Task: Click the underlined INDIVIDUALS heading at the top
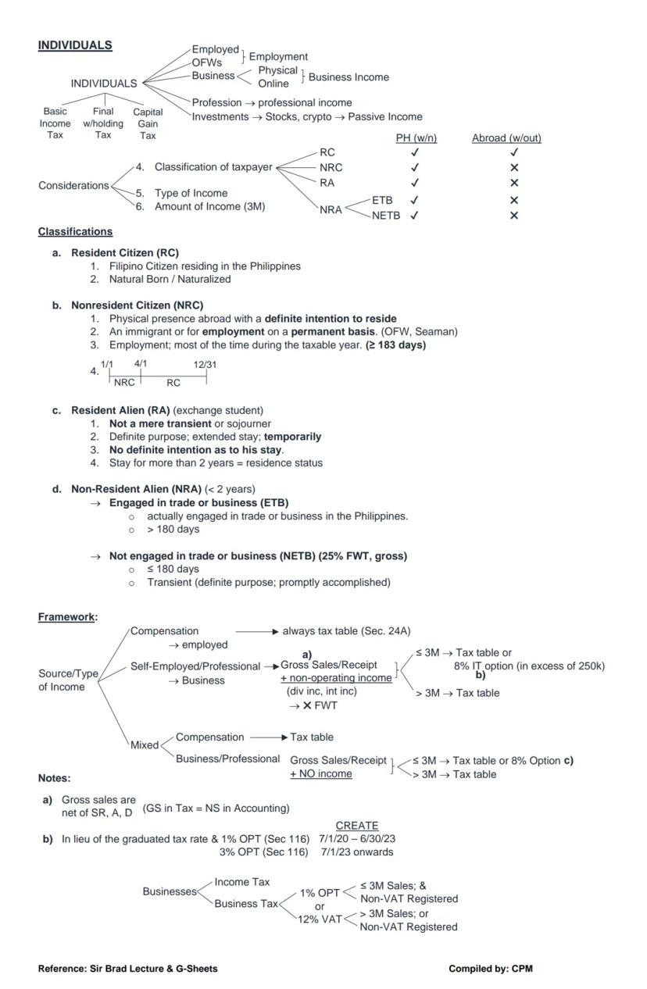(75, 45)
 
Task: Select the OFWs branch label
(207, 62)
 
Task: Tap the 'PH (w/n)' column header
(416, 138)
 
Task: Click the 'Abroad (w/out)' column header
(506, 138)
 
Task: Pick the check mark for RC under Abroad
(513, 153)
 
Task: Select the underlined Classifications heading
(75, 232)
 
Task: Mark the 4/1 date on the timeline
(141, 364)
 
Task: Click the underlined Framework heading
(66, 617)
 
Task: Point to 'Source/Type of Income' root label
(68, 680)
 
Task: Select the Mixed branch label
(145, 745)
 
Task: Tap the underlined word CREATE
(356, 826)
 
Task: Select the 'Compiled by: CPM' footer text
(490, 969)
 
